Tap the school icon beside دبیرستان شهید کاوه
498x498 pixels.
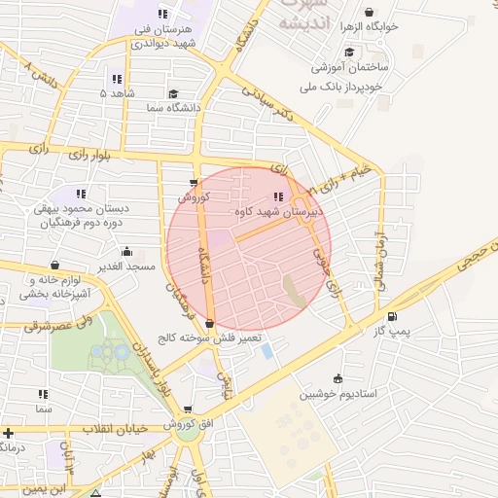[279, 197]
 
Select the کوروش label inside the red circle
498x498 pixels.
[195, 196]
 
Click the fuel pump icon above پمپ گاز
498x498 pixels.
[392, 316]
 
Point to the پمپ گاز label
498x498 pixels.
[393, 332]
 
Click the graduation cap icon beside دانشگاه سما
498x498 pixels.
[173, 94]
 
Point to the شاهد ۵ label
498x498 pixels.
[118, 93]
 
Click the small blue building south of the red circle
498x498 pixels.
[267, 351]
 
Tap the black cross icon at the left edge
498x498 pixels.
[8, 433]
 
